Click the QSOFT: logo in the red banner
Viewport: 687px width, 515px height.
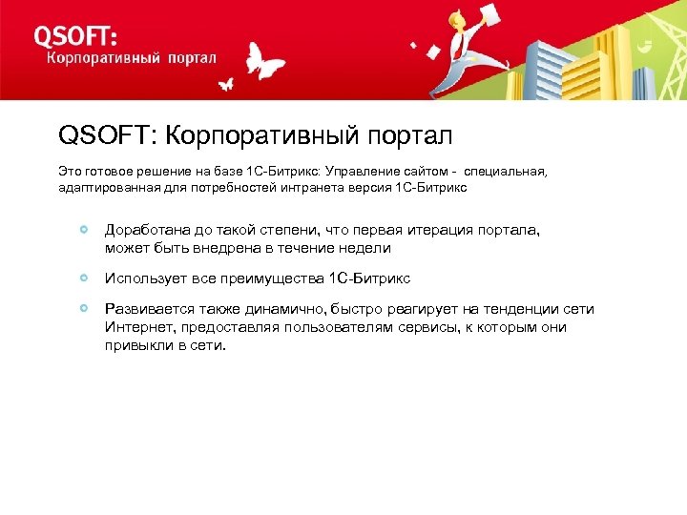tap(76, 36)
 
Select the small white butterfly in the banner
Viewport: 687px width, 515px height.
tap(226, 84)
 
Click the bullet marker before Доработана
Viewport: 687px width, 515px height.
tap(86, 230)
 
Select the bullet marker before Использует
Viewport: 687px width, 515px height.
tap(86, 278)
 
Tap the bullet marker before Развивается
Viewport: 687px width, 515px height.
tap(86, 308)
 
